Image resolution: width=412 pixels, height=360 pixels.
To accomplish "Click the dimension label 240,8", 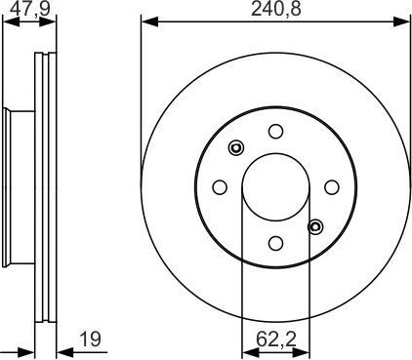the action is click(275, 9).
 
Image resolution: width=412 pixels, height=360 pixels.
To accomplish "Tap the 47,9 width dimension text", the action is click(29, 9).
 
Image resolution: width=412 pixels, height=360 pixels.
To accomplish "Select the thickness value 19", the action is click(90, 340).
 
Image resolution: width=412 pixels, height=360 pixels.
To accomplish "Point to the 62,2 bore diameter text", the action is click(275, 340).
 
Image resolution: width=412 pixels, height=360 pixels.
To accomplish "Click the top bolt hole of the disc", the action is click(275, 131).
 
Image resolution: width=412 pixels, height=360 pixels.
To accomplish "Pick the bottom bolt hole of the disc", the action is click(275, 243).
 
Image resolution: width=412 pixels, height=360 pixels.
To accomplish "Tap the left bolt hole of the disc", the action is click(220, 187).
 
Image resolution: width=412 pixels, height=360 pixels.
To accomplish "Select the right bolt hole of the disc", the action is click(332, 187).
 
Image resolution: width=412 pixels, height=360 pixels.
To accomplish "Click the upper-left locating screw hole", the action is click(235, 148).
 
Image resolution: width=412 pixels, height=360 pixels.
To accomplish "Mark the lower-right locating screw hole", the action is click(315, 226).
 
